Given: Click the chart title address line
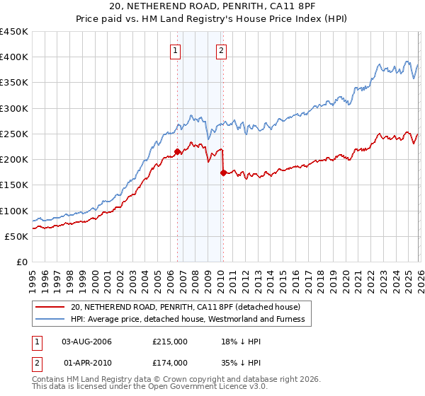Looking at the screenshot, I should [x=212, y=6].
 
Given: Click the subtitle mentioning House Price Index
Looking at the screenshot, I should [x=212, y=19].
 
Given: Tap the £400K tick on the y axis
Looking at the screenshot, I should [x=14, y=57].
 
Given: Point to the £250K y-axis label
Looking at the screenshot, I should [x=14, y=134].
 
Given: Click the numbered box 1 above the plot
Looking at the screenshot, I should [x=175, y=50].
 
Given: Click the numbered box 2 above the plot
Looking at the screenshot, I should [x=221, y=50].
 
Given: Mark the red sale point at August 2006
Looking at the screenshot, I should [x=177, y=151].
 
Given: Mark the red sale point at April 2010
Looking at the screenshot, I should [x=223, y=172].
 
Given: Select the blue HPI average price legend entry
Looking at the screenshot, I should [x=188, y=320].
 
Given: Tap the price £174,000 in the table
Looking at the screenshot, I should [x=169, y=363].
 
